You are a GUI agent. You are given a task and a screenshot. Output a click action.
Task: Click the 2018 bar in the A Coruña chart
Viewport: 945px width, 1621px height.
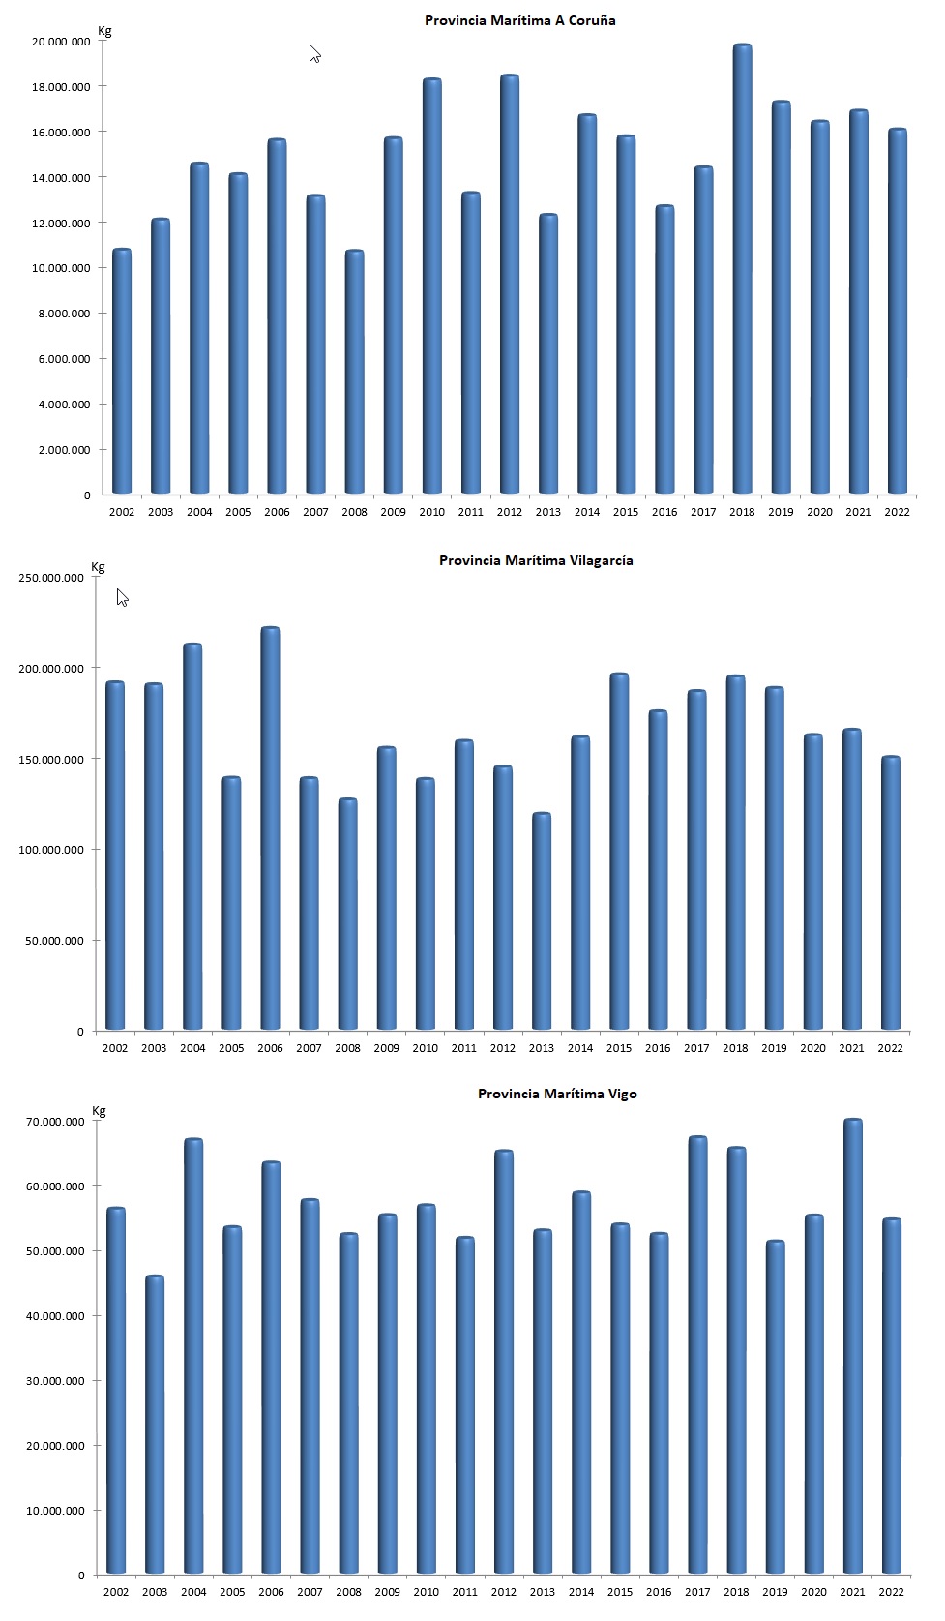(x=742, y=271)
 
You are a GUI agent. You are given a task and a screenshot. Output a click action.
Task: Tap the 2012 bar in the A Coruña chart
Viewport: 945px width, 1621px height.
(x=510, y=285)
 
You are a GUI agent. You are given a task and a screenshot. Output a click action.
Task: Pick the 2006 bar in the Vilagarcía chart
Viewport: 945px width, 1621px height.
(x=270, y=829)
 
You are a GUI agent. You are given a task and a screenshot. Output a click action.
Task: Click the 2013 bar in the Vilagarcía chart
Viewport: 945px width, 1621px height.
(x=542, y=921)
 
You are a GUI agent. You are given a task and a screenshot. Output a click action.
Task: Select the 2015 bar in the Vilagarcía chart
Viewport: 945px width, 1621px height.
(x=619, y=852)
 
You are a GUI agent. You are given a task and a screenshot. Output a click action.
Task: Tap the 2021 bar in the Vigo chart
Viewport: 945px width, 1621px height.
(x=852, y=1347)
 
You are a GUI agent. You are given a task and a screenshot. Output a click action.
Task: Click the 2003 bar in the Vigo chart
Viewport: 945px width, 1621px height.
(x=155, y=1425)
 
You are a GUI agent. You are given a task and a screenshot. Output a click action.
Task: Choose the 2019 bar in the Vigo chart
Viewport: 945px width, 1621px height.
(x=775, y=1407)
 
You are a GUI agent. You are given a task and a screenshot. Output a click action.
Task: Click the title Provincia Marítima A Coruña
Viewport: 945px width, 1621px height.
(x=519, y=20)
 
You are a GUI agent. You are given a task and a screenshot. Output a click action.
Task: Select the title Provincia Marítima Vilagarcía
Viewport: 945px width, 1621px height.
(x=536, y=560)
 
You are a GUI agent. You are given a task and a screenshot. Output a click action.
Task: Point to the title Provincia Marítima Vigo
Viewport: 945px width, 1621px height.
(x=557, y=1094)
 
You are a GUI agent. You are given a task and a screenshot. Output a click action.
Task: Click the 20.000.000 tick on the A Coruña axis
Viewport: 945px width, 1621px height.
(x=61, y=42)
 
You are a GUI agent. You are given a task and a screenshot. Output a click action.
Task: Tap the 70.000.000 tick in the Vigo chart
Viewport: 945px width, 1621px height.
(x=56, y=1122)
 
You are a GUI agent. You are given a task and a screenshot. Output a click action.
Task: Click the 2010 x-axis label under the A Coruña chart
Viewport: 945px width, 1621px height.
(x=431, y=512)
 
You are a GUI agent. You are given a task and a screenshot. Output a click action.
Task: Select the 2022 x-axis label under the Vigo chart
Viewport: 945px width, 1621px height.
(x=891, y=1592)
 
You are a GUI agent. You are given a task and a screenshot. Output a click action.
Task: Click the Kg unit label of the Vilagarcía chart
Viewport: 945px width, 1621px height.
(x=98, y=567)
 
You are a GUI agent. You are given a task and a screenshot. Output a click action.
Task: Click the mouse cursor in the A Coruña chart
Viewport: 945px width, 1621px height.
(x=314, y=53)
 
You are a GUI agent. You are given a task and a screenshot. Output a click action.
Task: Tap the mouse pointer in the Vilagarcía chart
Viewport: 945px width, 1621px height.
(x=122, y=597)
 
